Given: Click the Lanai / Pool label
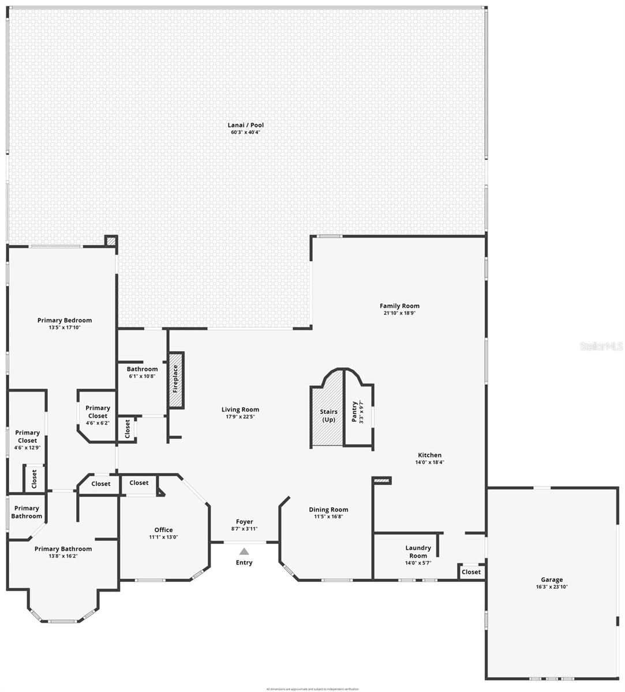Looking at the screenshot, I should (x=246, y=125).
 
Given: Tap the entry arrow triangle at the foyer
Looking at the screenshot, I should (x=244, y=551).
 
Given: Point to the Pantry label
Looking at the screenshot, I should (x=354, y=412).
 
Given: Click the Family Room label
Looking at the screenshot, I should (x=399, y=306).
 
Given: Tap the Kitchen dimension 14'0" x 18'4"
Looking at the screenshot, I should (x=429, y=462).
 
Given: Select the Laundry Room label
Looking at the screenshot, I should (x=418, y=552).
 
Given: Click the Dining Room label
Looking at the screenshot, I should (x=328, y=509).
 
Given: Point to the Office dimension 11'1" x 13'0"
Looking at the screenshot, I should (x=163, y=537).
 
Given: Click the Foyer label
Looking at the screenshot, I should (x=244, y=522).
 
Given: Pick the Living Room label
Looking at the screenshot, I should (x=240, y=410).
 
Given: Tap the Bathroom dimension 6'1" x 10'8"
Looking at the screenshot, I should (x=142, y=376).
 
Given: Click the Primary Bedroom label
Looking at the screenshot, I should (x=65, y=321).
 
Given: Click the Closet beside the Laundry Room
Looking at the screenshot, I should (x=471, y=572).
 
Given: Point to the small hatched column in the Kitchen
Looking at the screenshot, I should (x=383, y=480).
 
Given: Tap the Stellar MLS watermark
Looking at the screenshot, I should (x=601, y=347).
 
